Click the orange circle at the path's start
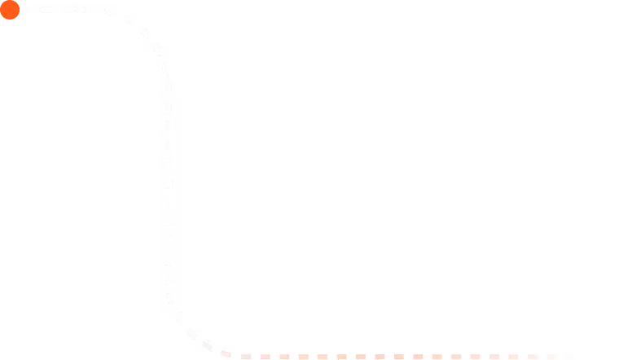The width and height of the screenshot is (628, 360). click(9, 10)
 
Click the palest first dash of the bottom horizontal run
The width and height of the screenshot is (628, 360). click(245, 356)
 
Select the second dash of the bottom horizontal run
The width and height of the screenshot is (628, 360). click(265, 356)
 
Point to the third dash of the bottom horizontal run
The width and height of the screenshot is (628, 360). click(284, 356)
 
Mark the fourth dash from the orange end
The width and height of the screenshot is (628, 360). click(513, 356)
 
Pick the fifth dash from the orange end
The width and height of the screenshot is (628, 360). click(494, 356)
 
